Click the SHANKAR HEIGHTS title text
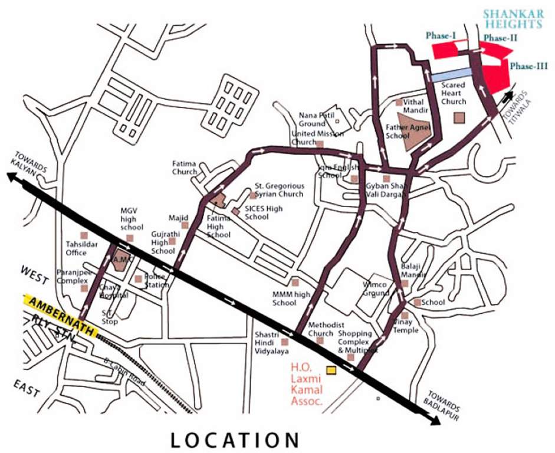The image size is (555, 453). (x=513, y=18)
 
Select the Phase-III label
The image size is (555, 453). (x=529, y=66)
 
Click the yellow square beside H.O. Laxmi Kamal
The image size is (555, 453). (x=331, y=370)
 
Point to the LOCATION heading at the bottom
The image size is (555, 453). (x=235, y=439)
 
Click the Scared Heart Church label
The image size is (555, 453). (x=454, y=93)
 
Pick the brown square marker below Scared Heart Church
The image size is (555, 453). (x=459, y=117)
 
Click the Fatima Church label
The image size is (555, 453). (x=185, y=168)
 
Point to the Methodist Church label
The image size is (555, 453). (x=321, y=329)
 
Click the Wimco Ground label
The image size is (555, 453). (x=375, y=288)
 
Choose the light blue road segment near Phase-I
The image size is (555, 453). (x=451, y=74)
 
